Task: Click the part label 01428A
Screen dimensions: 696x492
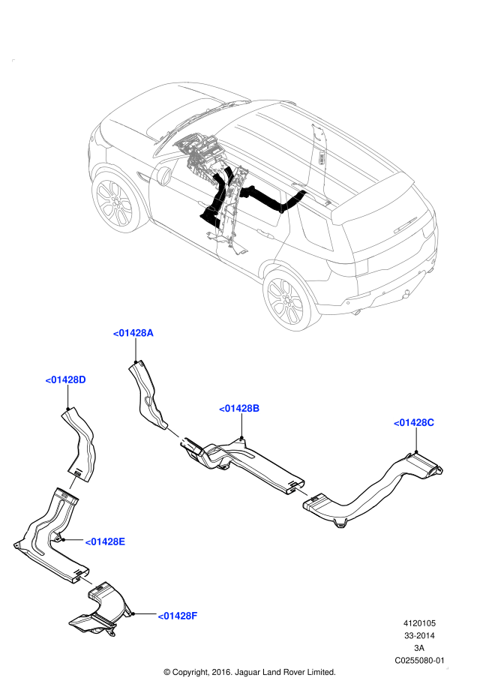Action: coord(133,333)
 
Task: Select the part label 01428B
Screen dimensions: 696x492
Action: coord(239,408)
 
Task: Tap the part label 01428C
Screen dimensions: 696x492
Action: coord(414,422)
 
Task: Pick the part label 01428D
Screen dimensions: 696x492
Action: coord(66,379)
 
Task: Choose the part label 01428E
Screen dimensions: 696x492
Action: coord(104,541)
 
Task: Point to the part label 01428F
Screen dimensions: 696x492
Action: coord(177,616)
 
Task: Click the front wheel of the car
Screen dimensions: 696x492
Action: coord(115,201)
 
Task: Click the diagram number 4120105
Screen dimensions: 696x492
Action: coord(420,622)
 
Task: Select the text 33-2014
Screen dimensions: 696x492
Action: coord(420,635)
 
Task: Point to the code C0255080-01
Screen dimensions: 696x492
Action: coord(420,661)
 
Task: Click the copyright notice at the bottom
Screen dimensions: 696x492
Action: coord(249,672)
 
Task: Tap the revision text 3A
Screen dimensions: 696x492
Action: coord(420,648)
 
